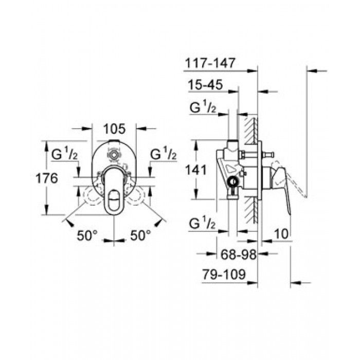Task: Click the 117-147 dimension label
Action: click(x=210, y=63)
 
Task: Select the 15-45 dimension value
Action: click(x=205, y=84)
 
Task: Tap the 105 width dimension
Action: click(x=114, y=129)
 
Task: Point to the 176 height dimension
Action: click(x=47, y=178)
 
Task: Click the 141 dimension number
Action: click(x=196, y=170)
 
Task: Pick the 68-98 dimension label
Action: click(x=238, y=255)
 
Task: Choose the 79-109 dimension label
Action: click(x=224, y=274)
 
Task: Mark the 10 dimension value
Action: click(x=281, y=234)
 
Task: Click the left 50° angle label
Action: click(x=87, y=236)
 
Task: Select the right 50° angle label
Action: click(x=141, y=236)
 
